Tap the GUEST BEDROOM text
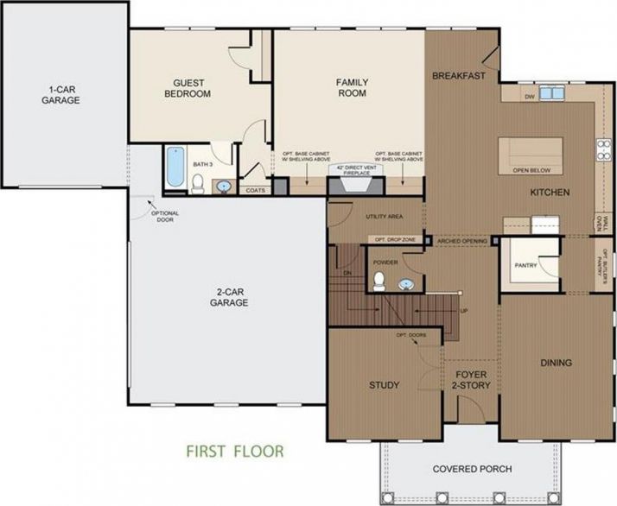pos(188,88)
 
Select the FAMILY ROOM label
pos(352,88)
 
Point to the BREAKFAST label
pos(459,76)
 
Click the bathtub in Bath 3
pos(175,168)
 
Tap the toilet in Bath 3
pos(198,183)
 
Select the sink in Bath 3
pos(223,185)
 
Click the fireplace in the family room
pos(352,182)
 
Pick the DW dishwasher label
pos(529,97)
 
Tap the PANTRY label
pos(525,265)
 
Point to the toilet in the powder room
pos(378,280)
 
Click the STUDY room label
pos(384,385)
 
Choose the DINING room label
pos(556,363)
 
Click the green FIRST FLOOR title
pos(234,451)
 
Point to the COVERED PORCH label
pos(472,470)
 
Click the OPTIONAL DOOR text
pos(164,216)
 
